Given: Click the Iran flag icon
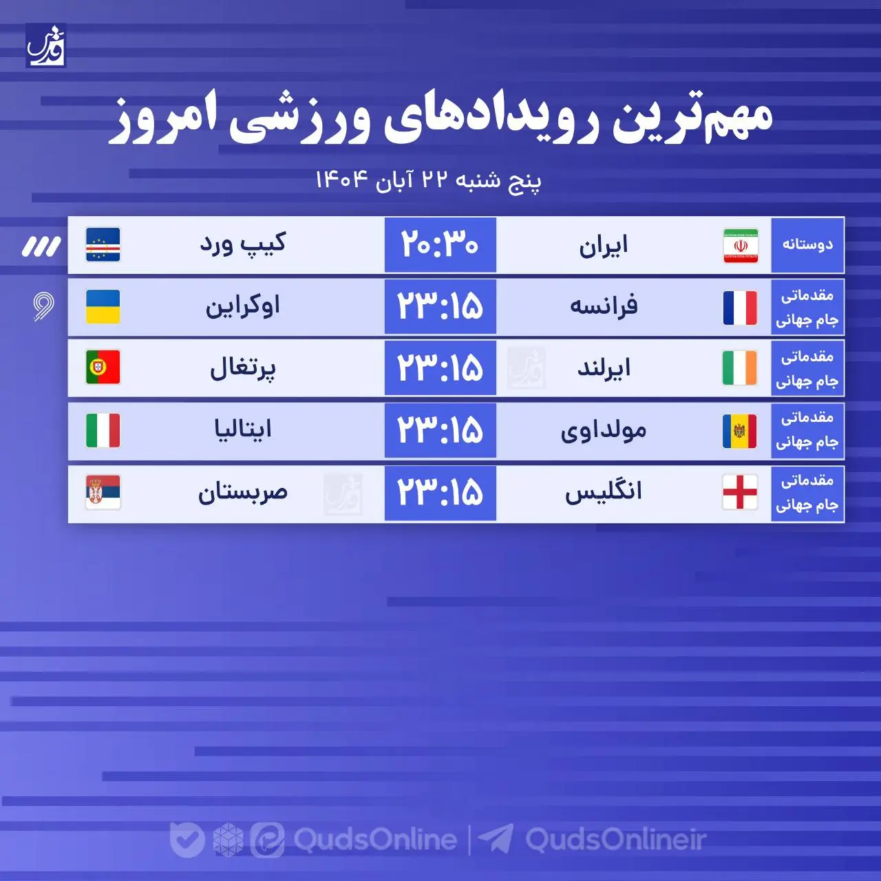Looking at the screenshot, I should click(x=741, y=246).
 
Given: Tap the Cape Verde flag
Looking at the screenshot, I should click(x=103, y=245).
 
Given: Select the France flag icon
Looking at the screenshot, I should click(x=740, y=308).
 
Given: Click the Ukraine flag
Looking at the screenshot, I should click(x=103, y=307).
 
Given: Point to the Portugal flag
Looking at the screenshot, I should click(x=103, y=368).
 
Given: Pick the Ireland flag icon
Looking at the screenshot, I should click(x=740, y=368).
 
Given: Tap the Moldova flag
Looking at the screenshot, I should click(x=740, y=432).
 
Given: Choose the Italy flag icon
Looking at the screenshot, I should click(x=103, y=430).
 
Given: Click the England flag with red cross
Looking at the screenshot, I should click(x=740, y=492).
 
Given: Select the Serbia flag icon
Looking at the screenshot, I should click(x=103, y=492).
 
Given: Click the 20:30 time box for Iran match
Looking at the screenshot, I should click(x=440, y=245).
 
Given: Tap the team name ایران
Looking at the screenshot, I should click(x=604, y=246).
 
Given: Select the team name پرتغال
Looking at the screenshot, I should click(x=242, y=368).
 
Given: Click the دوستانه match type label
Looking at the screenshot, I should click(x=807, y=245).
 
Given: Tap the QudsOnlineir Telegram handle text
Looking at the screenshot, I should click(x=615, y=840).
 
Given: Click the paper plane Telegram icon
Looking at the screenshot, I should click(x=496, y=839).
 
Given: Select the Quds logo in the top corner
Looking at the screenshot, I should click(x=46, y=45).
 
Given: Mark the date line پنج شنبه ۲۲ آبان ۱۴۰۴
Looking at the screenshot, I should click(x=428, y=180).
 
